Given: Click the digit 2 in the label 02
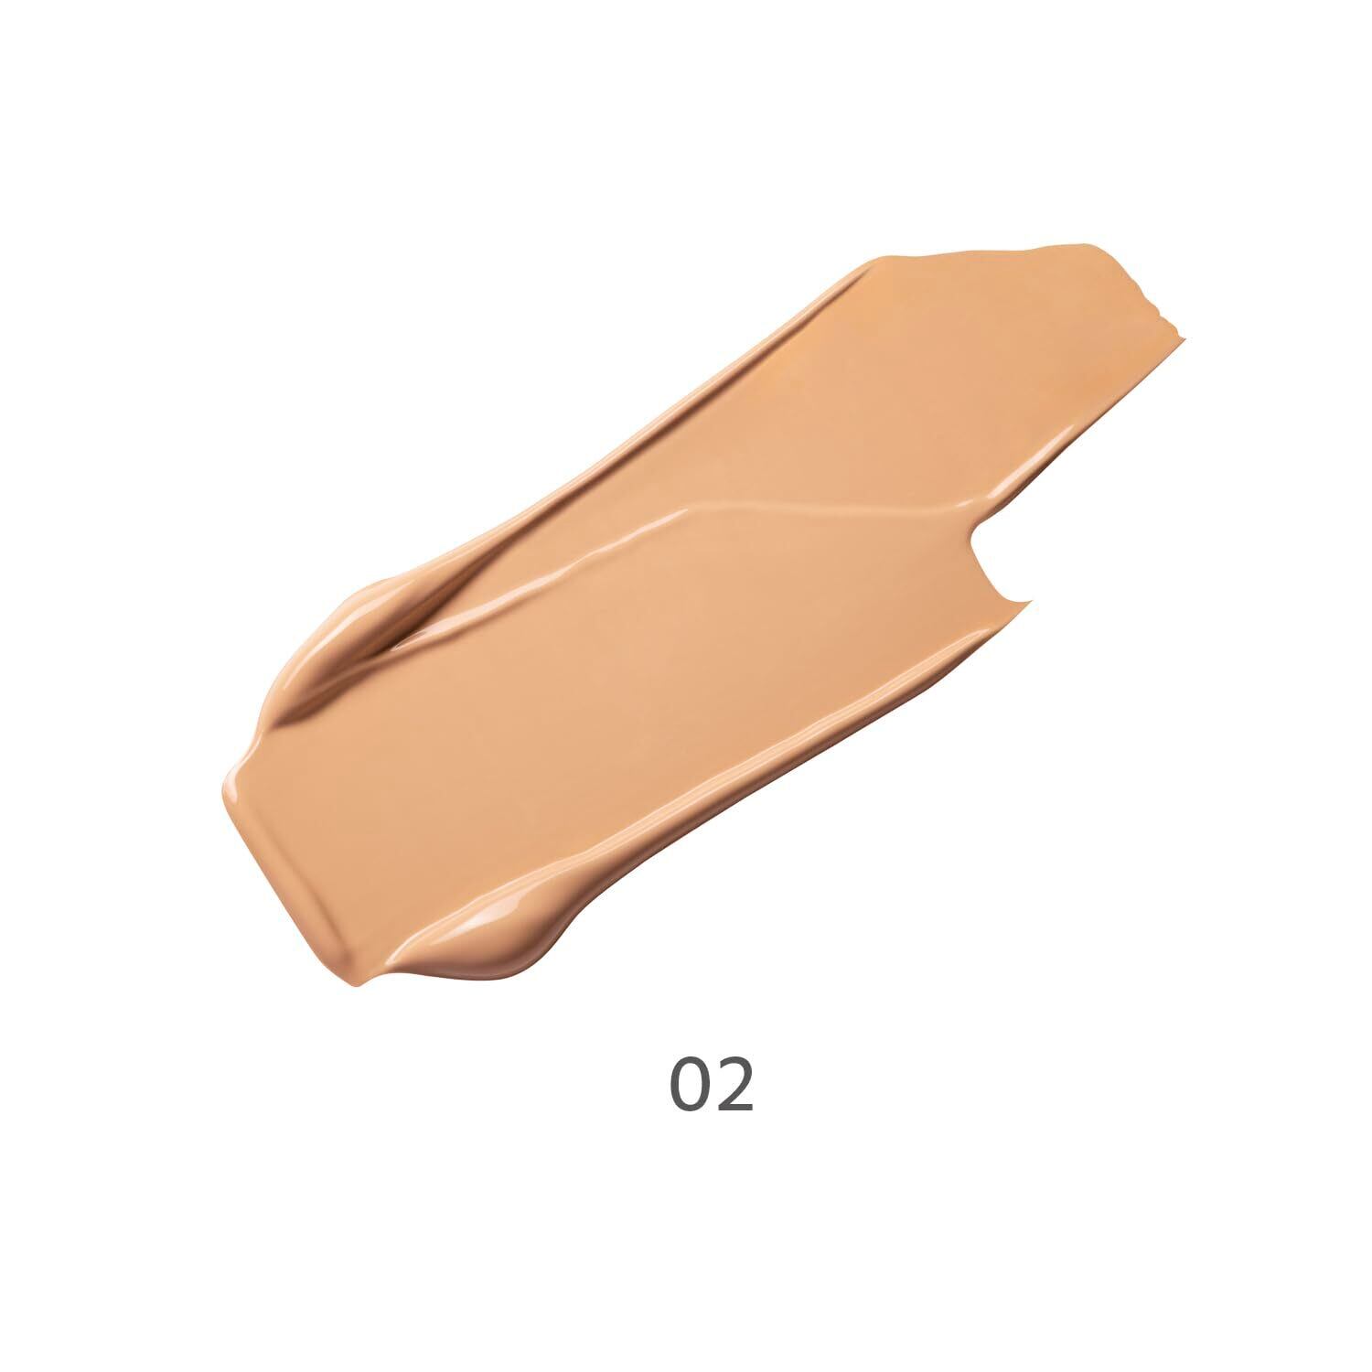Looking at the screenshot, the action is pyautogui.click(x=736, y=1085).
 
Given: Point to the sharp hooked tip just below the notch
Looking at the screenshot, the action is pyautogui.click(x=1029, y=602).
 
